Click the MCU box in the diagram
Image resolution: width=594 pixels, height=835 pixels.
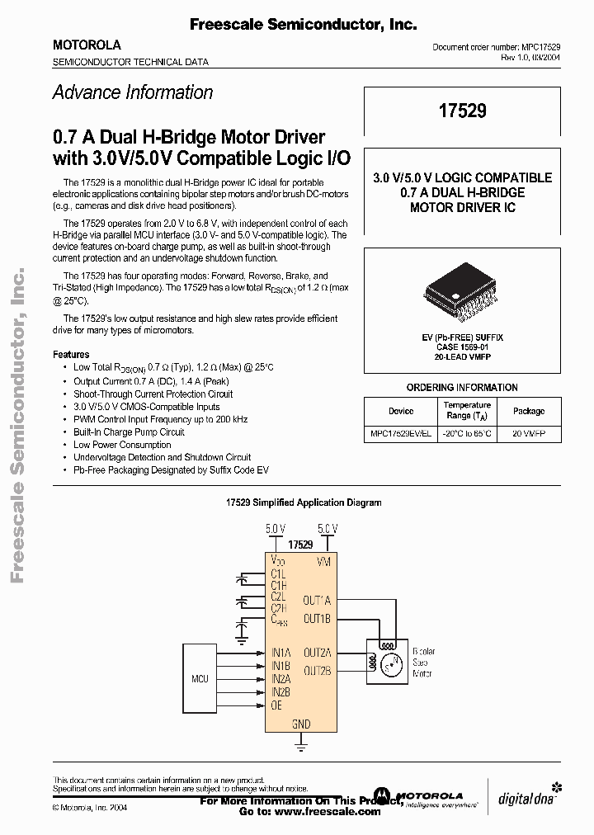coord(200,678)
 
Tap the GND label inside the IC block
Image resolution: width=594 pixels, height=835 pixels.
coord(301,724)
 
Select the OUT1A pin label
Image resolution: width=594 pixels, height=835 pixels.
coord(317,600)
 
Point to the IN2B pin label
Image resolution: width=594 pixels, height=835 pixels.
coord(280,691)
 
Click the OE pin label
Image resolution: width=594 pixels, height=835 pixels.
coord(276,705)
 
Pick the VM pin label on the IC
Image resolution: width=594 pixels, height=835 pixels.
coord(324,561)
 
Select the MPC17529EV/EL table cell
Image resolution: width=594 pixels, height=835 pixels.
coord(401,433)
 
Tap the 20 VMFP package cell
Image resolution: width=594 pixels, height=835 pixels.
coord(529,433)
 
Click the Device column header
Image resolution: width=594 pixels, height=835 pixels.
coord(401,411)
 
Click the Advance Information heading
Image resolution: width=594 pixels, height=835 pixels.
coord(133,92)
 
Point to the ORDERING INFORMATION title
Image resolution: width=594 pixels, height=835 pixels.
coord(462,387)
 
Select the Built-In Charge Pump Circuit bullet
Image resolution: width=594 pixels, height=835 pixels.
coord(129,432)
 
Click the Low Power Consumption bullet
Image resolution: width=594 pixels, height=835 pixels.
coord(122,444)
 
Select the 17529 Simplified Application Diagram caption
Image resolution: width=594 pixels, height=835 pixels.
coord(304,502)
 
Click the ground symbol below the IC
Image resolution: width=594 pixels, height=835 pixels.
coord(301,748)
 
